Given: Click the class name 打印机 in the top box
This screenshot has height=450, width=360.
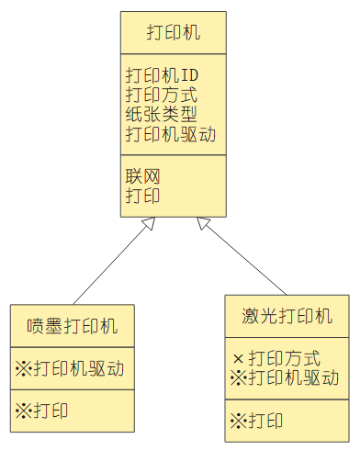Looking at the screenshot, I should coord(174,34).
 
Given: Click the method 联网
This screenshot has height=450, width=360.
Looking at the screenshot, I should coord(142,175).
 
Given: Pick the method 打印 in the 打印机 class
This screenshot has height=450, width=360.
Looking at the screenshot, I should coord(142,196).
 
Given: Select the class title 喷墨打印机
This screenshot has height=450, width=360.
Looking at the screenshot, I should coord(73,326).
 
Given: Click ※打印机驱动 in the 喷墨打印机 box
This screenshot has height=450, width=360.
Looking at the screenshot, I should coord(70,369).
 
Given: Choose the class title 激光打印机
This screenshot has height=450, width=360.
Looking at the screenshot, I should coord(287,317).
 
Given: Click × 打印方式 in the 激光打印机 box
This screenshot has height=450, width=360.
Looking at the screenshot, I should coord(276,357).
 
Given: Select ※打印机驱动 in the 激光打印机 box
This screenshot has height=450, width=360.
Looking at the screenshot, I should coord(285,377).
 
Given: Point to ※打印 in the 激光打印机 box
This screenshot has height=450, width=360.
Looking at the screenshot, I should coord(256,421).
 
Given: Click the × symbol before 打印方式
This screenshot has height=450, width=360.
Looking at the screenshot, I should coord(238,357).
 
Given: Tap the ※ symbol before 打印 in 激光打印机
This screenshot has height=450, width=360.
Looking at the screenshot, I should coord(238,421).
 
